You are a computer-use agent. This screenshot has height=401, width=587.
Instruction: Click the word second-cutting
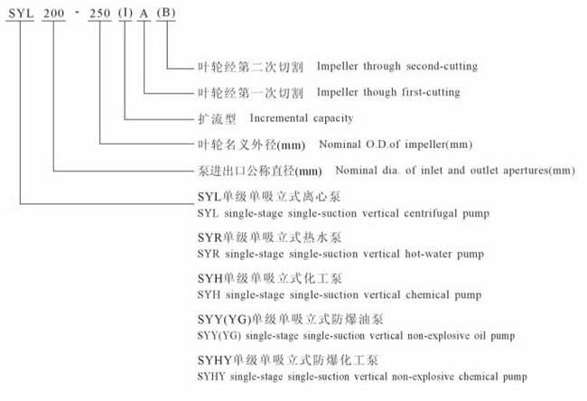[440, 67]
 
